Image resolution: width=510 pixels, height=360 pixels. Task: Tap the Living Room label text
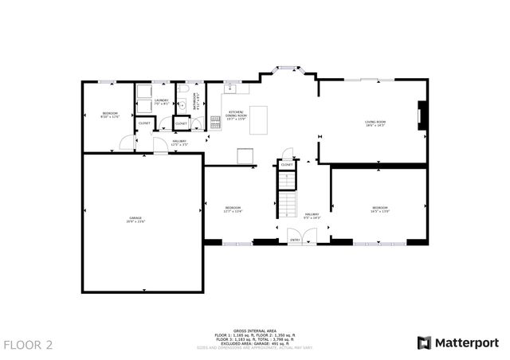(375, 123)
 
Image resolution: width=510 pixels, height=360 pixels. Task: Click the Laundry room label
(161, 102)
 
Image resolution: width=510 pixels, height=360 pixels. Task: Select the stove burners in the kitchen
(216, 121)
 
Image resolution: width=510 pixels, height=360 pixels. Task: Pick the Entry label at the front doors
(295, 240)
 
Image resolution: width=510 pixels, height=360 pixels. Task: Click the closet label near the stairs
(286, 165)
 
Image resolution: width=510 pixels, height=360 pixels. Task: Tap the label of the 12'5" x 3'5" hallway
(180, 143)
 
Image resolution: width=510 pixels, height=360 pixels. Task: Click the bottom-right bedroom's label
(379, 209)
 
